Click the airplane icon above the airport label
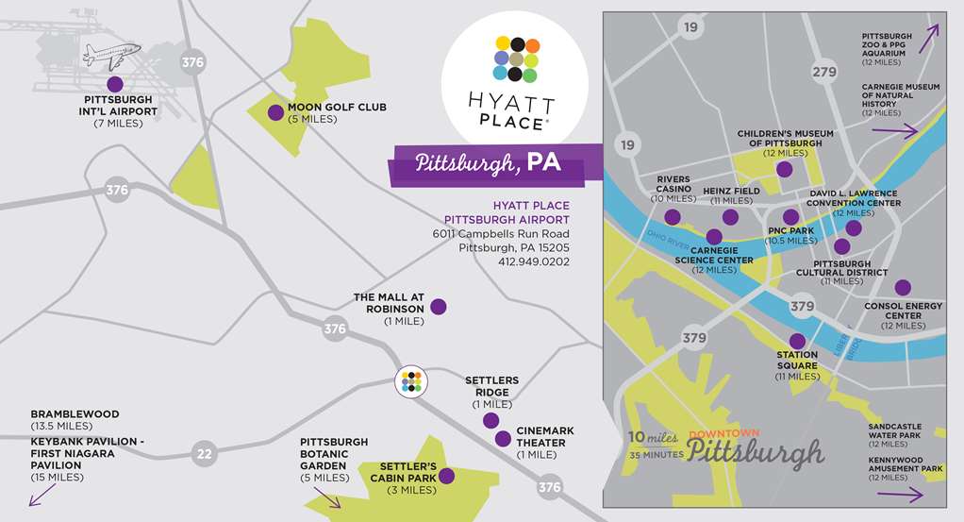[x=111, y=54]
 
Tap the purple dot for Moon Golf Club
[x=274, y=112]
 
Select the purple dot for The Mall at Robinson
[x=439, y=307]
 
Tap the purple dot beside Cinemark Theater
[x=503, y=438]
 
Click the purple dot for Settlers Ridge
[x=490, y=420]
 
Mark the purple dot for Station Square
[x=797, y=342]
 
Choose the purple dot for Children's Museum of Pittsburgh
[x=784, y=169]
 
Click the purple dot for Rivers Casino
[x=673, y=216]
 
